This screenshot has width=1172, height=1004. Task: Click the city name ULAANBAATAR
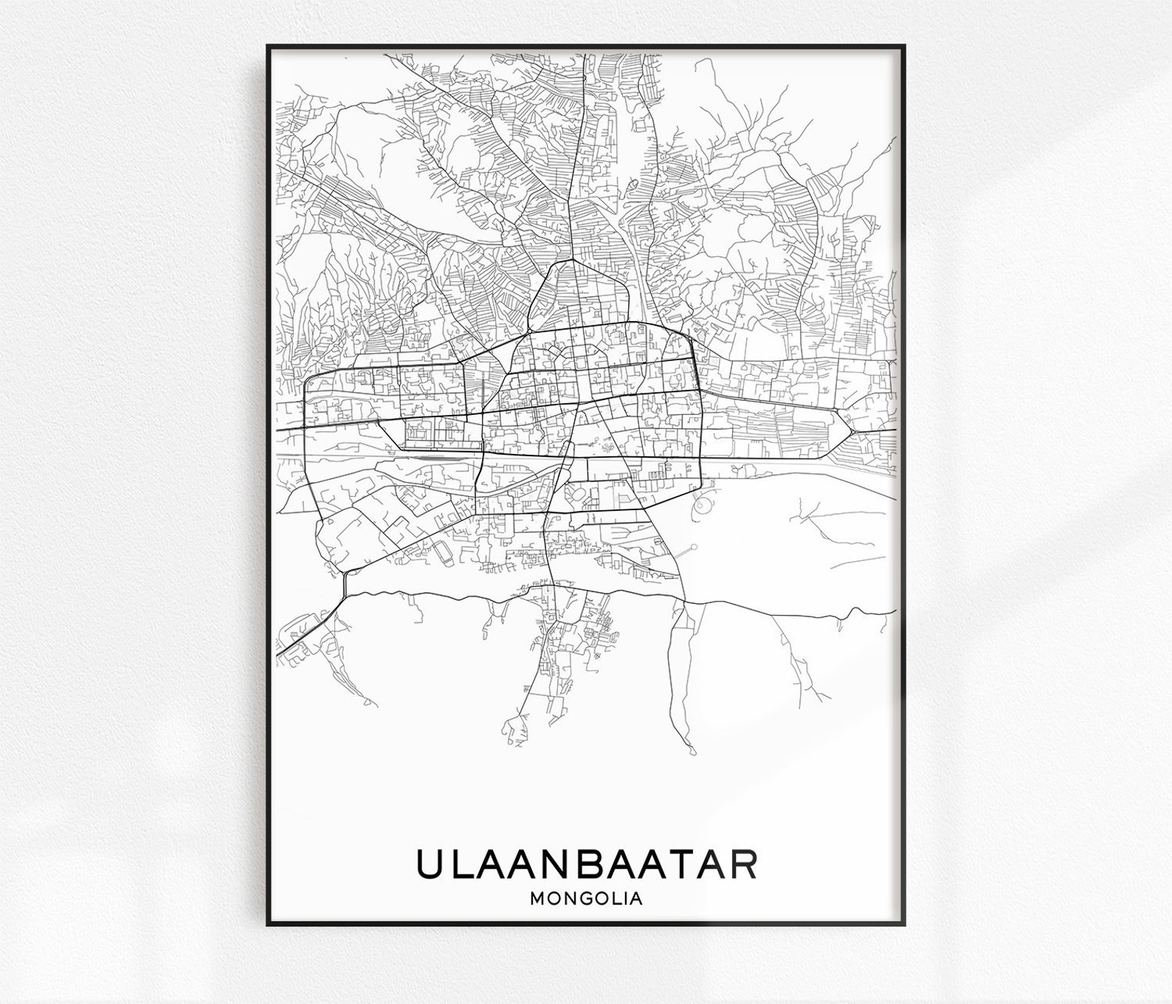click(x=586, y=864)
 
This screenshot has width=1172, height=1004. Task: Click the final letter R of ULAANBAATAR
click(x=742, y=864)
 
